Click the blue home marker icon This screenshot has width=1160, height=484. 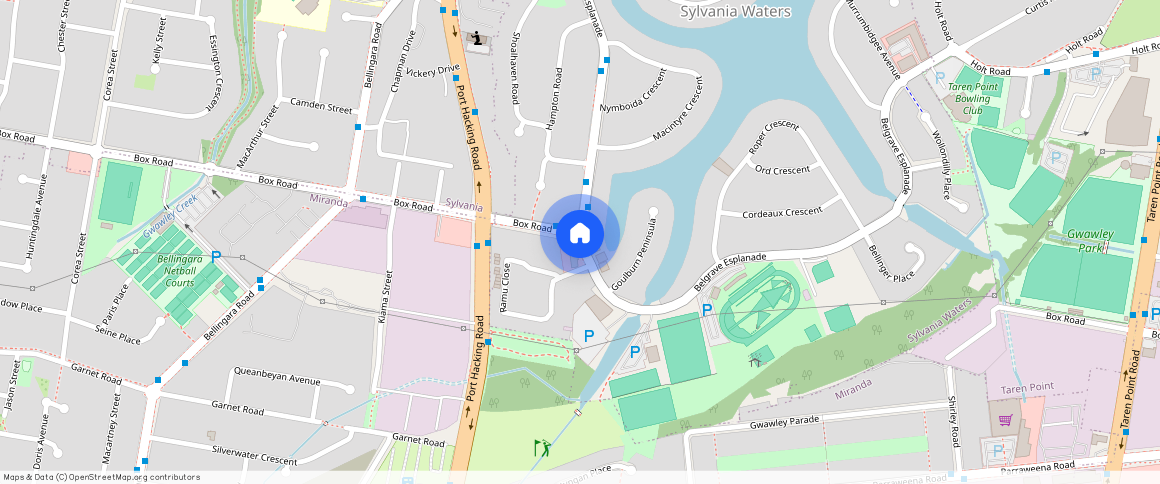580,234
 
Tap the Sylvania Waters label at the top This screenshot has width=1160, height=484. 735,12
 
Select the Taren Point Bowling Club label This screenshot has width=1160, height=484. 973,99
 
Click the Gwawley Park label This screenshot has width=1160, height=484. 1089,240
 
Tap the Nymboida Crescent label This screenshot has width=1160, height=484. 633,94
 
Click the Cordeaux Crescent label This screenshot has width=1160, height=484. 782,212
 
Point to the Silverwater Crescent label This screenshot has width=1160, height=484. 255,455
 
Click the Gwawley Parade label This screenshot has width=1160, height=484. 791,425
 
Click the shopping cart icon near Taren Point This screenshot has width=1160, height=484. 1005,420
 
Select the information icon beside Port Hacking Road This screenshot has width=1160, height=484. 479,39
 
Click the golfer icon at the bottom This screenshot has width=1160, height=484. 542,448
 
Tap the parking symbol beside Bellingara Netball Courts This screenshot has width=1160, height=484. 215,257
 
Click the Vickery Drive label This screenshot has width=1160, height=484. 433,71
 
